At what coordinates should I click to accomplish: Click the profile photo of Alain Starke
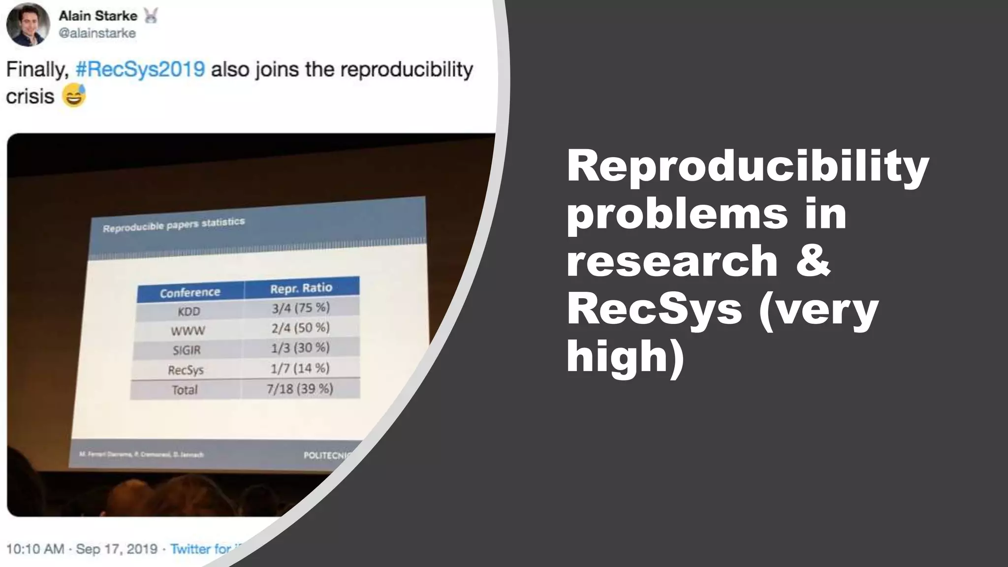point(28,25)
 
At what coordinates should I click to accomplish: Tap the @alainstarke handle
point(97,33)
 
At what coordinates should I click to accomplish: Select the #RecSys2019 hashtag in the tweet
point(140,69)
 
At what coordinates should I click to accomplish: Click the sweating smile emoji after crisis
point(74,95)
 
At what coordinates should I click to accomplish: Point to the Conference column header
point(190,293)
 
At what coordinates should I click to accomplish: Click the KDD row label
point(189,312)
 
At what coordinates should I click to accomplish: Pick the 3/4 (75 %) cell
point(300,308)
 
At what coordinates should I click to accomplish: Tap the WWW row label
point(188,331)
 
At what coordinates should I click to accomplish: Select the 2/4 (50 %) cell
point(300,328)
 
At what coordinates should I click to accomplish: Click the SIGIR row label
point(187,350)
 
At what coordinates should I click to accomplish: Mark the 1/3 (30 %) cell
point(300,348)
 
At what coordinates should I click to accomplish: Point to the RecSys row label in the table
point(186,370)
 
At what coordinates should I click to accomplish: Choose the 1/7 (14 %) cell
point(300,368)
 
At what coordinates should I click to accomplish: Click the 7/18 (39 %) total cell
point(300,389)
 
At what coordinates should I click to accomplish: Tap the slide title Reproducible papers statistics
point(174,225)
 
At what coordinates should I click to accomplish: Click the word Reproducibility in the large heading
point(748,166)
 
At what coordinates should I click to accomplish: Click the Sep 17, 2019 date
point(117,549)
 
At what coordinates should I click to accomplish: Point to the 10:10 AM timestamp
point(35,549)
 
